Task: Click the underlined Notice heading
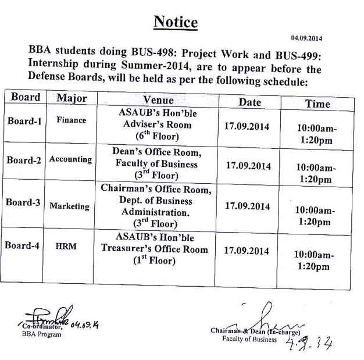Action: coord(176,22)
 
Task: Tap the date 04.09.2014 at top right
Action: coord(308,38)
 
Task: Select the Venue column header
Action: coord(158,100)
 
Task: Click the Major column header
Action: coord(72,98)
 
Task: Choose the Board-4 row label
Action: coord(22,245)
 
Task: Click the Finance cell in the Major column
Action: coord(72,120)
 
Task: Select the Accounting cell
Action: coord(70,159)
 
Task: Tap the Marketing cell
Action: coord(69,206)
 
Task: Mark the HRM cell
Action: coord(66,247)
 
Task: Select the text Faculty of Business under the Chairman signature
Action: coord(249,339)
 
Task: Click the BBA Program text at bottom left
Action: coord(41,334)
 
